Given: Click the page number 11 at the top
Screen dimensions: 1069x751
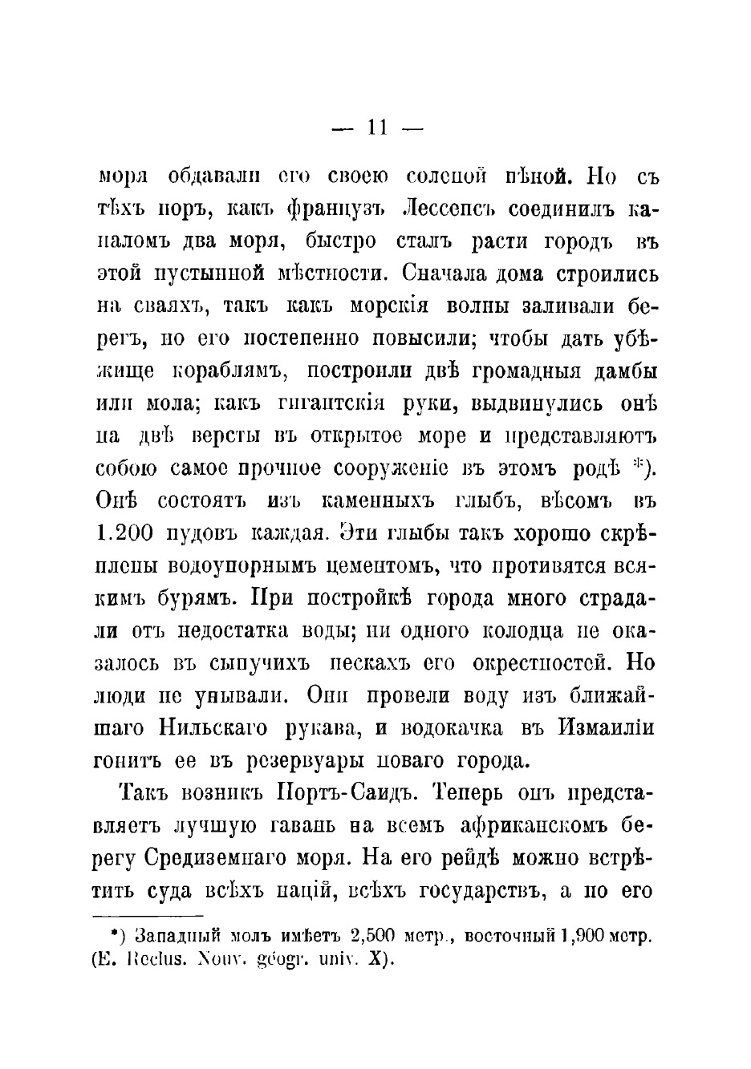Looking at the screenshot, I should click(376, 128).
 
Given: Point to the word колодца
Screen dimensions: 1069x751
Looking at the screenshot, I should click(524, 630).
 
